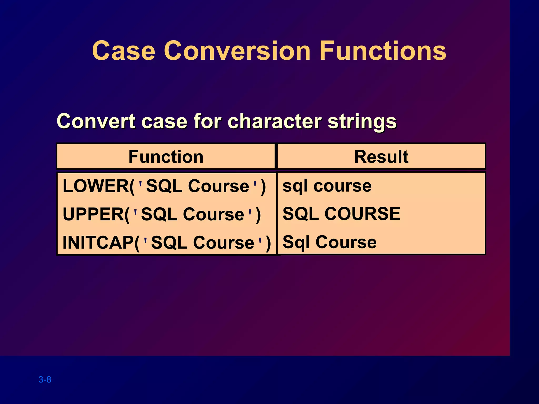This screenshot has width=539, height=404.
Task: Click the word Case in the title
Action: click(124, 50)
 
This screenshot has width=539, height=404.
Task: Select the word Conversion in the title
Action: click(237, 50)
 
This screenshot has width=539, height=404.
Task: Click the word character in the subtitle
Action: click(274, 122)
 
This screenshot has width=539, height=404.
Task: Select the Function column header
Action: click(166, 157)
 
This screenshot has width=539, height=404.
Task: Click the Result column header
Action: click(381, 157)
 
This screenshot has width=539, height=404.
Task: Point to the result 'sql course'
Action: click(327, 186)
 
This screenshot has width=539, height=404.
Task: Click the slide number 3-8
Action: click(45, 380)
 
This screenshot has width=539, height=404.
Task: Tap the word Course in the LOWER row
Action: click(218, 186)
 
